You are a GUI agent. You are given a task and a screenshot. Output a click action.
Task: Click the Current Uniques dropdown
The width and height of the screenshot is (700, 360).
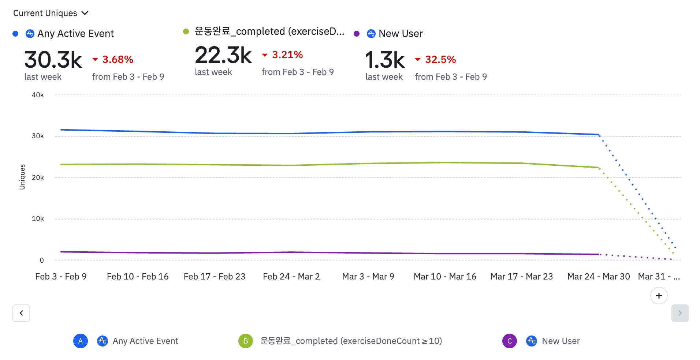point(51,13)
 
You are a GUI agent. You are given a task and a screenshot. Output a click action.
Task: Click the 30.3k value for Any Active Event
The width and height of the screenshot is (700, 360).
point(53,60)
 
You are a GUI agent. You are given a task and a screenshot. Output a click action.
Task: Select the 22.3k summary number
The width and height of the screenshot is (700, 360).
point(223,55)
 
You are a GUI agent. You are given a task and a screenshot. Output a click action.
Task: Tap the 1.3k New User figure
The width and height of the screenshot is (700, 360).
point(385,60)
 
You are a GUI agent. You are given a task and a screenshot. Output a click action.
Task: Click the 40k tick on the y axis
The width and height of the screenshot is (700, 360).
point(38,95)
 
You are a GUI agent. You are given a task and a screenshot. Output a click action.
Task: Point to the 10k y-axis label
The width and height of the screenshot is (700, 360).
point(38,219)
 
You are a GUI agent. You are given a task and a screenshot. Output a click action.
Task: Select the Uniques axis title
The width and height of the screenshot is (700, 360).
point(22,177)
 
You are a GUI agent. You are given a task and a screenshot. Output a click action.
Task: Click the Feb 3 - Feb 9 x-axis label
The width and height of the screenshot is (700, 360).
point(61,277)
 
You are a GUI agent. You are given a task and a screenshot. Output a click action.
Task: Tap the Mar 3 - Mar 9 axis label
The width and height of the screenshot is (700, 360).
point(368,277)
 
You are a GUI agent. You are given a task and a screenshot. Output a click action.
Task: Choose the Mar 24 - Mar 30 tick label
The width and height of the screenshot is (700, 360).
point(598,277)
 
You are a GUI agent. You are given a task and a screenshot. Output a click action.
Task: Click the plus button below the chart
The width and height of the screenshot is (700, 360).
point(659,296)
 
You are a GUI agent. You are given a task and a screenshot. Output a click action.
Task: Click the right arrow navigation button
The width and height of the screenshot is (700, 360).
point(680,313)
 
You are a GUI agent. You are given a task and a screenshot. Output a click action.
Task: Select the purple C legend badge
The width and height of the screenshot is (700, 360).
point(509,341)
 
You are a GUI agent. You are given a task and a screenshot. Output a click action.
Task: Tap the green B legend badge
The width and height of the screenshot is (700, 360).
point(245,341)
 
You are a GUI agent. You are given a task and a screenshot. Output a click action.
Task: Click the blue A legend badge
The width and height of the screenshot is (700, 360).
point(81,341)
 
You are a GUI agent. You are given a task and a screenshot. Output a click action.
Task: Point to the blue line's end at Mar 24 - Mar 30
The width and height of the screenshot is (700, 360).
point(598,135)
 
